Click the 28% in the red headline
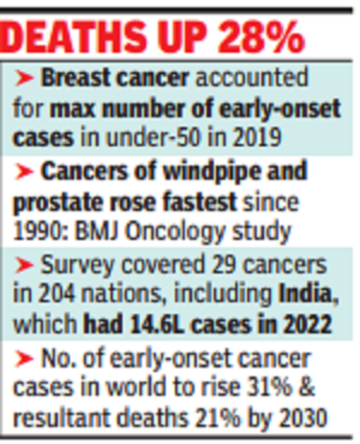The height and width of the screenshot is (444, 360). pyautogui.click(x=260, y=36)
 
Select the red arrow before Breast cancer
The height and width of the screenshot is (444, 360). pyautogui.click(x=24, y=78)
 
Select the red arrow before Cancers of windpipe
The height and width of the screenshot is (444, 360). pyautogui.click(x=24, y=171)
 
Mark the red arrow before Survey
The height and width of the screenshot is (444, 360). pyautogui.click(x=24, y=265)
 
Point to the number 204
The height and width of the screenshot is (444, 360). pyautogui.click(x=56, y=294)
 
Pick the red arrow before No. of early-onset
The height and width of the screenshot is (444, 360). pyautogui.click(x=24, y=358)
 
